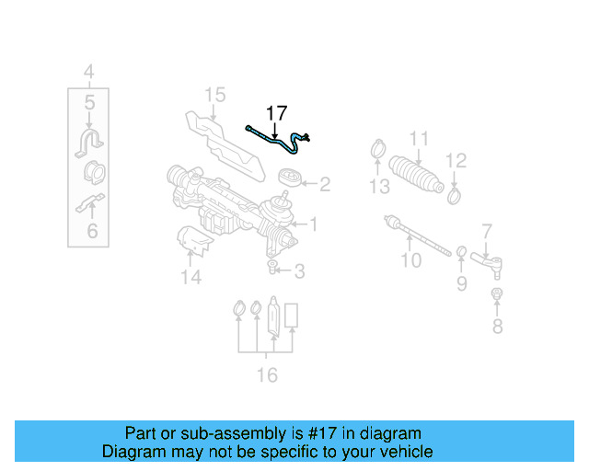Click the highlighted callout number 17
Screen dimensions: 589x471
276,113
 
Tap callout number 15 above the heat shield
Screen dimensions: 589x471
214,95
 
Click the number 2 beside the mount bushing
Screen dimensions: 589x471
324,185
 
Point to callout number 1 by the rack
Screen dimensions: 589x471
313,224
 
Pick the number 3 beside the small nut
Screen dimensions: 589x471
299,270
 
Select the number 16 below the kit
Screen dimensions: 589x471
266,374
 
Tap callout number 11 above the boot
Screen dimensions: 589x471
419,139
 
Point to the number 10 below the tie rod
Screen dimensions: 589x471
410,259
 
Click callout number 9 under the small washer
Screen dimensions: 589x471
462,284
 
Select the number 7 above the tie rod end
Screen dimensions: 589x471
487,231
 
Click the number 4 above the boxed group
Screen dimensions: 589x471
89,71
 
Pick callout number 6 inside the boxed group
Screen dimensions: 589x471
91,230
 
